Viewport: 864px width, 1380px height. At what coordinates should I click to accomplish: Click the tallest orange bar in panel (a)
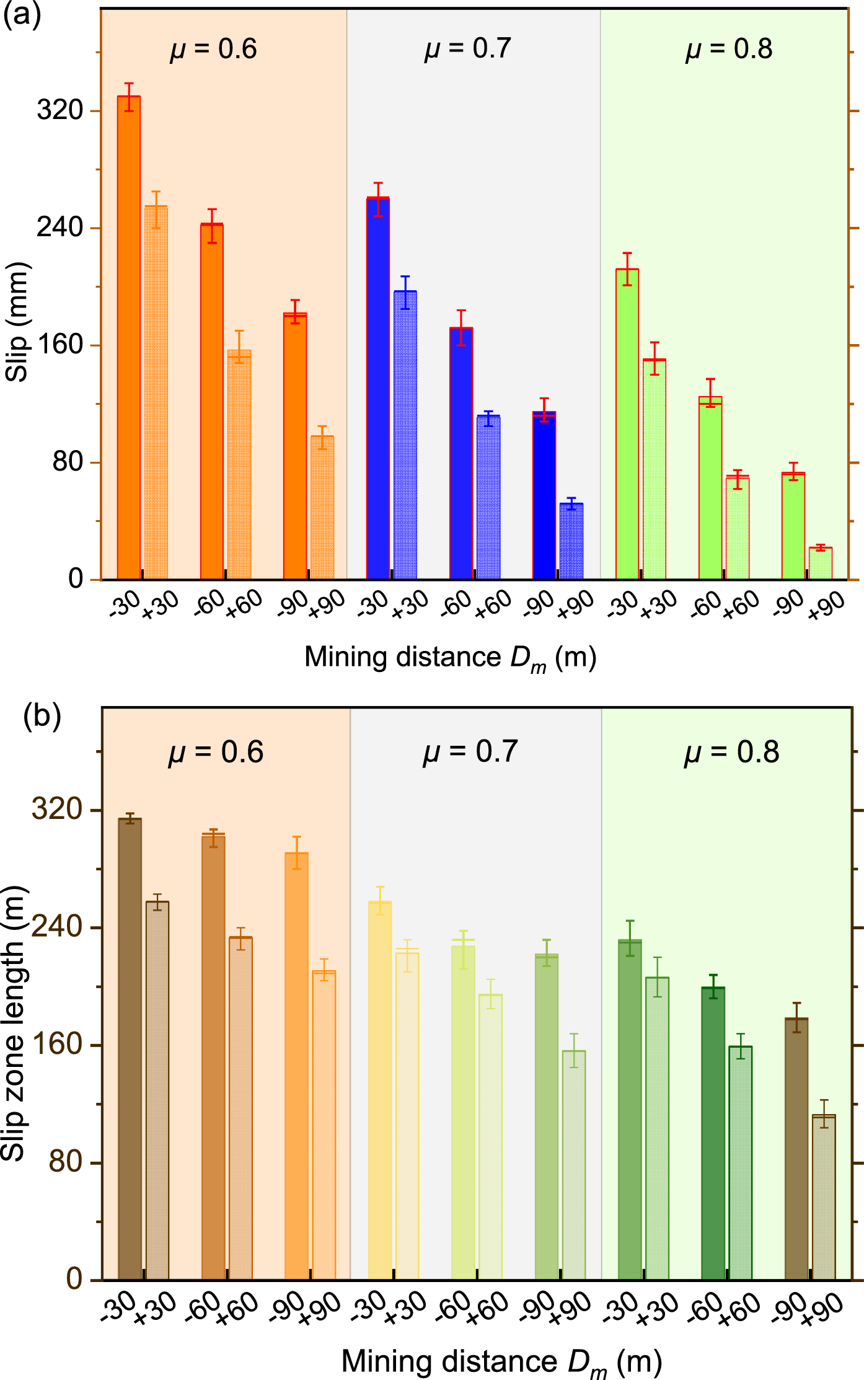pyautogui.click(x=129, y=338)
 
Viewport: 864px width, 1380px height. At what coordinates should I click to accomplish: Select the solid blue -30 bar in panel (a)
pyautogui.click(x=378, y=389)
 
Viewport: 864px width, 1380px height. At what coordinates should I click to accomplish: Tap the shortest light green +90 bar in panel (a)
pyautogui.click(x=821, y=564)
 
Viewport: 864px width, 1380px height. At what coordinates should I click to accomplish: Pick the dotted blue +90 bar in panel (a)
pyautogui.click(x=571, y=541)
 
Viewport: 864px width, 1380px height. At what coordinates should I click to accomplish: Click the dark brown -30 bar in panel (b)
pyautogui.click(x=130, y=1049)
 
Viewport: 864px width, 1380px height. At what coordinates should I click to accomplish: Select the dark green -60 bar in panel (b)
pyautogui.click(x=713, y=1133)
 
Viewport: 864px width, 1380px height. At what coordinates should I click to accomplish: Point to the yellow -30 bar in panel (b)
pyautogui.click(x=380, y=1090)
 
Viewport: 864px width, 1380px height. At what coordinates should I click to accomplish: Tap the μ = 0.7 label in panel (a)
pyautogui.click(x=468, y=48)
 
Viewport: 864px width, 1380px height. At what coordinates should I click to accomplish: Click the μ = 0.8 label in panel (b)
pyautogui.click(x=731, y=752)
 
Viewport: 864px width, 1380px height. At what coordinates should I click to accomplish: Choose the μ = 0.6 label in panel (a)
pyautogui.click(x=214, y=48)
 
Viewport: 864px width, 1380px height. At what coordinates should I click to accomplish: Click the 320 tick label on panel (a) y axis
pyautogui.click(x=60, y=110)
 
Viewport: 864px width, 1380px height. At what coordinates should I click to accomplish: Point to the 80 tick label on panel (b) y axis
pyautogui.click(x=66, y=1161)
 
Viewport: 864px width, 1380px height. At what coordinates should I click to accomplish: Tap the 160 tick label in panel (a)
pyautogui.click(x=60, y=345)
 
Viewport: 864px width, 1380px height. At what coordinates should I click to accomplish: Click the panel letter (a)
pyautogui.click(x=22, y=14)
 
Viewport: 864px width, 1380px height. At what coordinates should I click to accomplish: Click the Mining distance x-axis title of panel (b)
pyautogui.click(x=502, y=1362)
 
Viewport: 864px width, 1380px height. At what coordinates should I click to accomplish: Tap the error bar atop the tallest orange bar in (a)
pyautogui.click(x=129, y=97)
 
